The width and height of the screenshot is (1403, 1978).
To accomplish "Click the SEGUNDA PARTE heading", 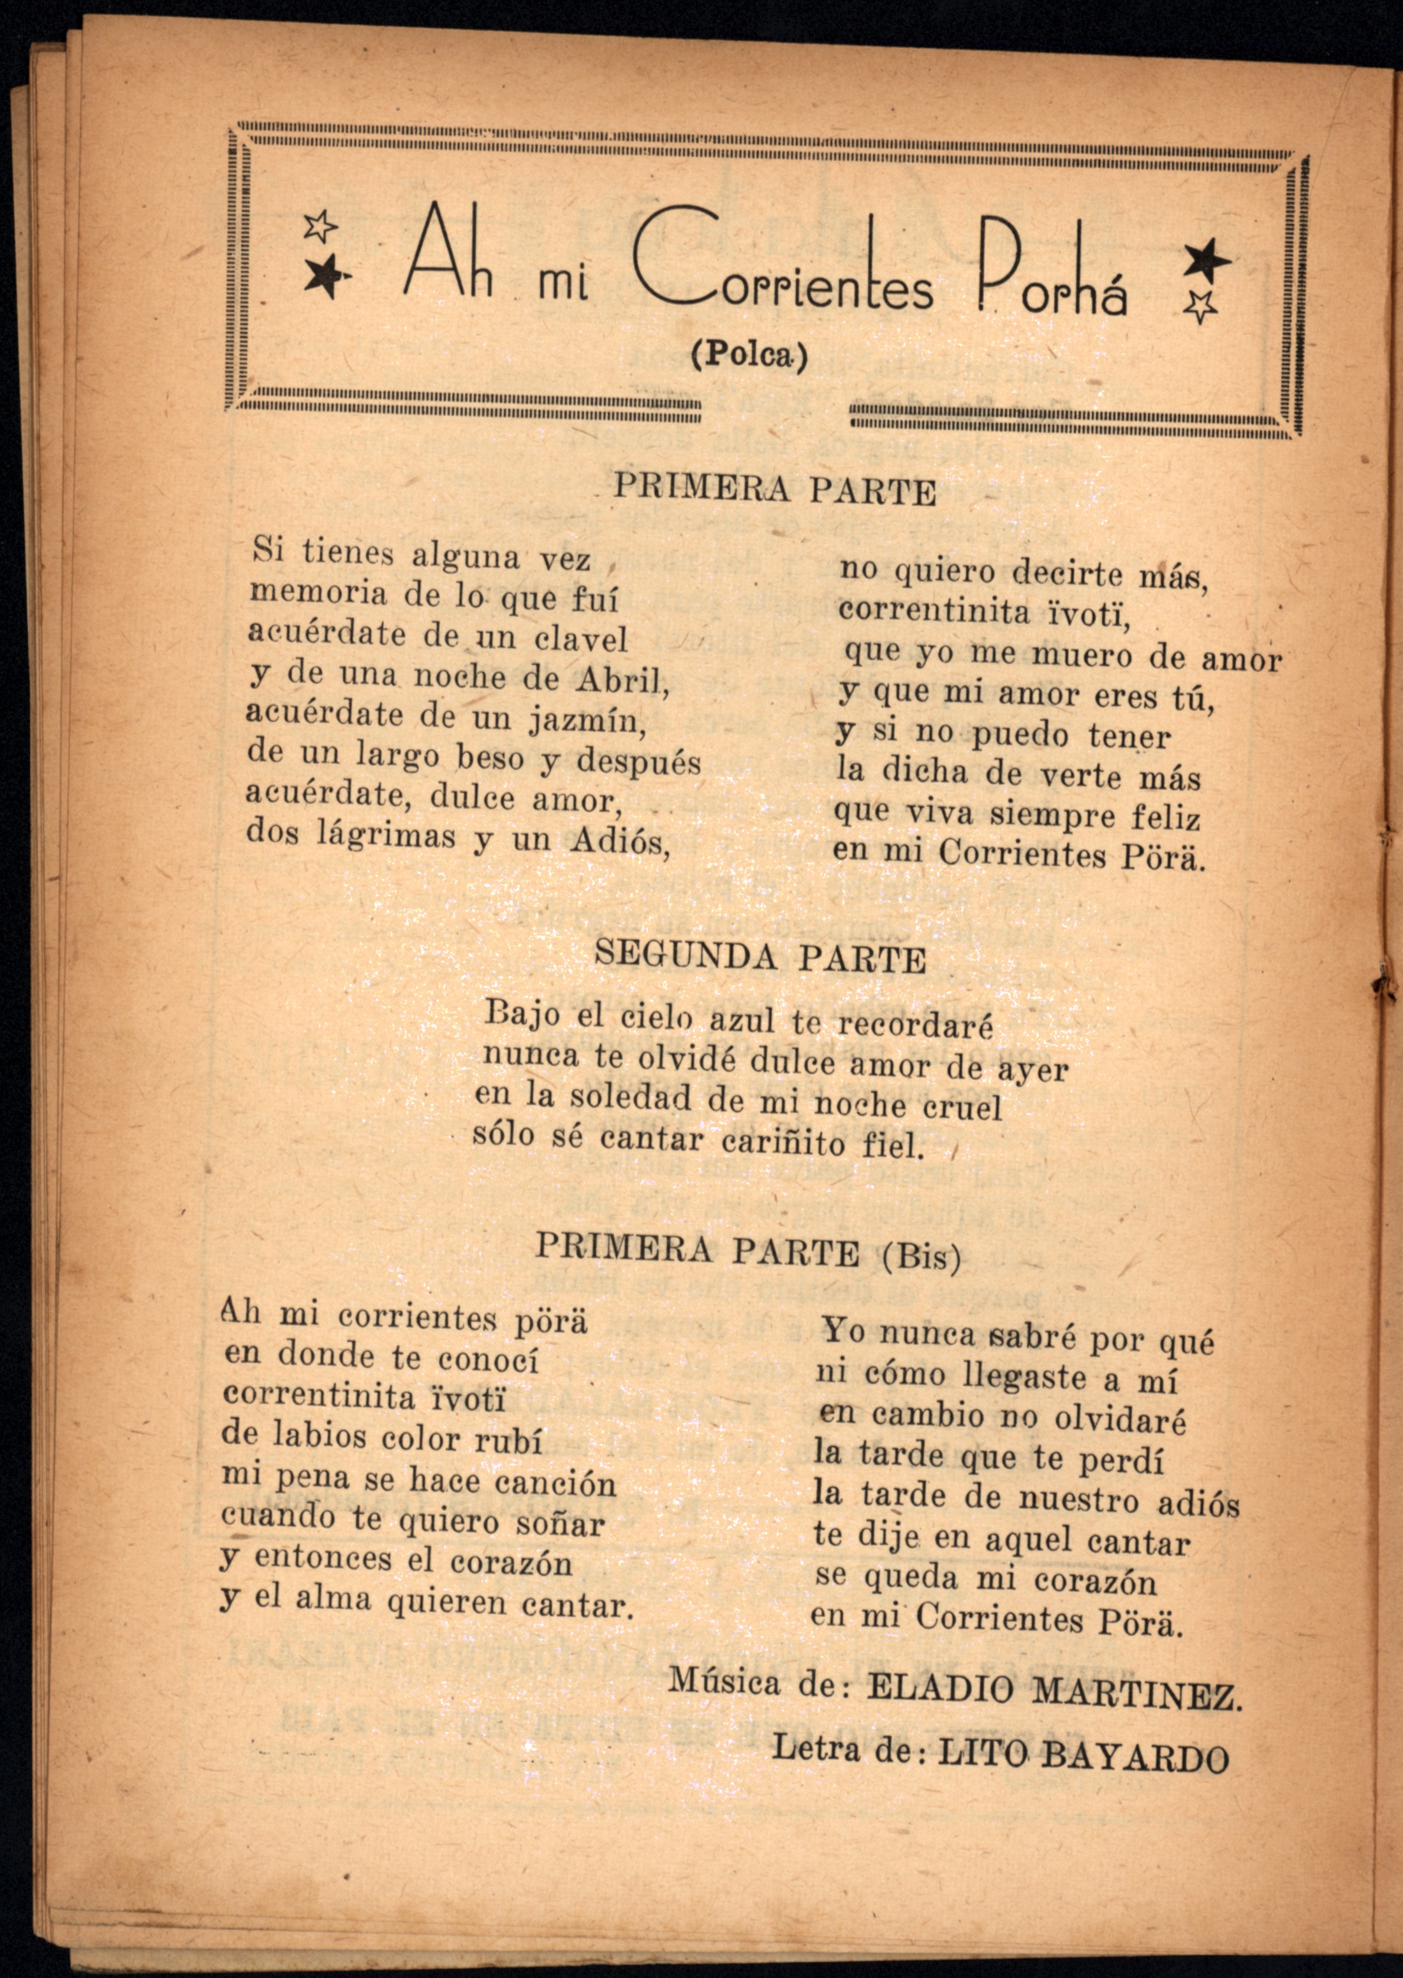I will (760, 958).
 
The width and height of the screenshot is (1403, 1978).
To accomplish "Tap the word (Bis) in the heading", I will (921, 1254).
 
